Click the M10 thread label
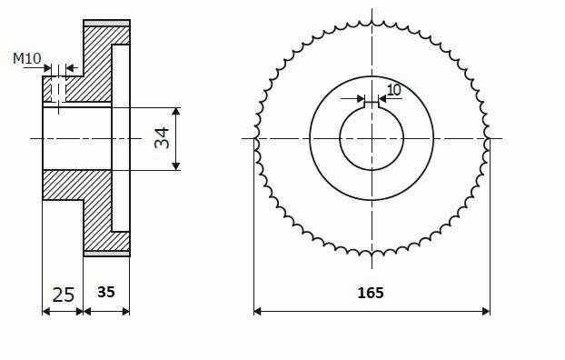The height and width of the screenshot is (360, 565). click(x=27, y=58)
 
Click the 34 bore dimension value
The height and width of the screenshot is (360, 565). click(x=162, y=138)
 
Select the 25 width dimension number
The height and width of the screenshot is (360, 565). click(x=64, y=295)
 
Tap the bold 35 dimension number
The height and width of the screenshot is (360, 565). click(x=106, y=292)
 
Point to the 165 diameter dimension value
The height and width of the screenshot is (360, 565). click(x=371, y=293)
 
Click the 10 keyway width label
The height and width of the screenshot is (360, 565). click(x=394, y=90)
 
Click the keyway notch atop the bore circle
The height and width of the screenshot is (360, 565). click(x=372, y=105)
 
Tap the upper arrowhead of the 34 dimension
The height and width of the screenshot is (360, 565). click(x=176, y=111)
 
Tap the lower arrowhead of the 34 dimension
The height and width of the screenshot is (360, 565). click(x=176, y=166)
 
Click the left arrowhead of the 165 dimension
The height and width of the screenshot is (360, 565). click(x=257, y=311)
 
